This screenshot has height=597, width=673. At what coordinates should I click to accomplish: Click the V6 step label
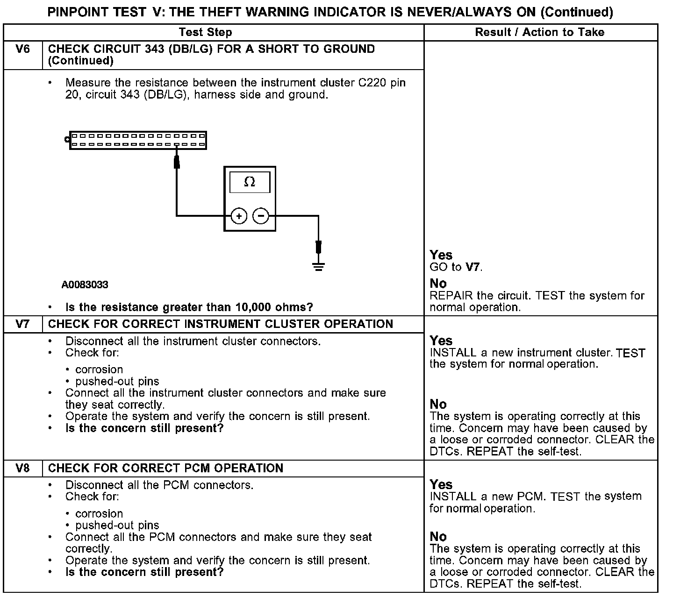pos(22,49)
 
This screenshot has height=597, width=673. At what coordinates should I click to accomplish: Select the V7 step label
pos(22,324)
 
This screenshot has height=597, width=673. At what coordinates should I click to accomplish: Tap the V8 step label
pos(22,468)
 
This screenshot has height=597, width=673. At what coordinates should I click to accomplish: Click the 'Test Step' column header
pos(205,32)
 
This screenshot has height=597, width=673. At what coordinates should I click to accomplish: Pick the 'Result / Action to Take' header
pos(539,32)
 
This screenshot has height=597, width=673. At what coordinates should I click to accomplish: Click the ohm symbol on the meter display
pos(250,182)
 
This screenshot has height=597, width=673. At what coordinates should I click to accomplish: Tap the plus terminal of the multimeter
pos(239,216)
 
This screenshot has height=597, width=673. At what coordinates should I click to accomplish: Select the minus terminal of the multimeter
pos(261,216)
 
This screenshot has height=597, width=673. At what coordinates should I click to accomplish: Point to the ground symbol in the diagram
pos(318,267)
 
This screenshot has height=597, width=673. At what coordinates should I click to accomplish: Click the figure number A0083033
pos(85,284)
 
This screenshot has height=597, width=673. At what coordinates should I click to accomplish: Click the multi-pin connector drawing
pos(138,140)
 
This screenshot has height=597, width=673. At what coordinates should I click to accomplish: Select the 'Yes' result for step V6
pos(441,255)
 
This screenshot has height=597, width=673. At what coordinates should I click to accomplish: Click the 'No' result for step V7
pos(438,404)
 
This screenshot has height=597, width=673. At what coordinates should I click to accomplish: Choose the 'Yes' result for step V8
pos(441,484)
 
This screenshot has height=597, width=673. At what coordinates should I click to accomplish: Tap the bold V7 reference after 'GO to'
pos(473,267)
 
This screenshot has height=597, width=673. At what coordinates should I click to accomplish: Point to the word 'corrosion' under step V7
pos(99,370)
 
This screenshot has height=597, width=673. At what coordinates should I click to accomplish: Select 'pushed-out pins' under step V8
pos(117,525)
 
